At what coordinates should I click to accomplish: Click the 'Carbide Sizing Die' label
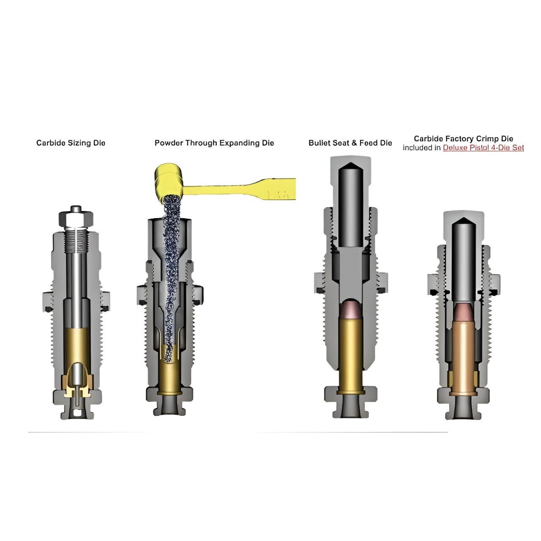[71, 143]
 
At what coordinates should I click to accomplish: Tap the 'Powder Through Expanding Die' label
[214, 143]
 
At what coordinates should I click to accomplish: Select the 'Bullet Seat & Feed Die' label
[350, 143]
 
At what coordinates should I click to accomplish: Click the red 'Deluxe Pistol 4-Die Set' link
[483, 148]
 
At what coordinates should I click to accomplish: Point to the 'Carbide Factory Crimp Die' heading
[464, 139]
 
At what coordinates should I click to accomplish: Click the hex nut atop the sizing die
[76, 218]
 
